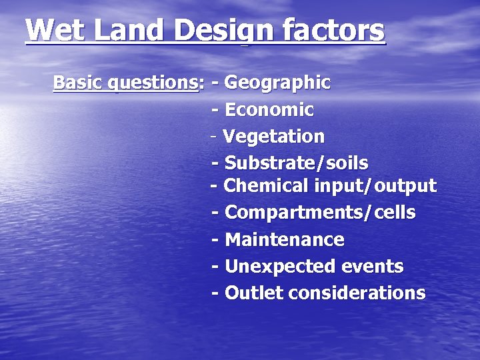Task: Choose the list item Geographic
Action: (277, 83)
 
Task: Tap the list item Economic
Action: (269, 109)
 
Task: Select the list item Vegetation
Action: (273, 137)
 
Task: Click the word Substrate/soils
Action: (296, 163)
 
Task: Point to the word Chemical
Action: (257, 185)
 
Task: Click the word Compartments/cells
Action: (320, 213)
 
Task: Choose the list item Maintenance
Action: (285, 239)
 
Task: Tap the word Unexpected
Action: (280, 267)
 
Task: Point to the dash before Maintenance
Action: (215, 240)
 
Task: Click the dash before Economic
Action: (215, 110)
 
